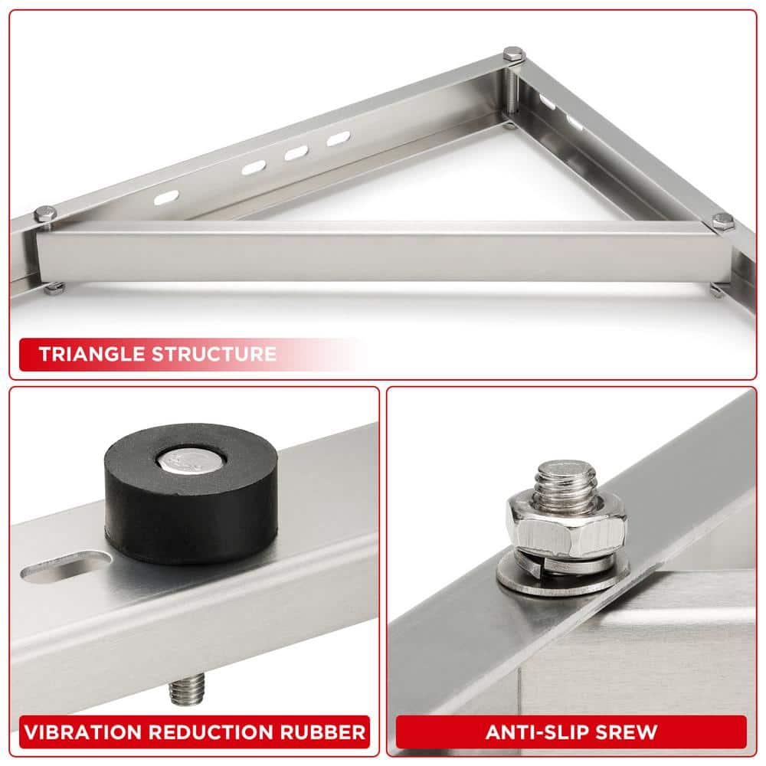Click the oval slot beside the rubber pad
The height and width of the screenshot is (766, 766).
pyautogui.click(x=65, y=569)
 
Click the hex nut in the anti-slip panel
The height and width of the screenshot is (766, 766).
pyautogui.click(x=565, y=529)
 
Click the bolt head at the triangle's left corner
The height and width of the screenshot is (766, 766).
pyautogui.click(x=45, y=214)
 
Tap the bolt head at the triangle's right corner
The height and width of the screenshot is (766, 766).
pyautogui.click(x=722, y=222)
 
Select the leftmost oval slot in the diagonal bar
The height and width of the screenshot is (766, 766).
pyautogui.click(x=166, y=198)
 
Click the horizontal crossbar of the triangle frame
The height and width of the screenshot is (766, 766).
pyautogui.click(x=383, y=253)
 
